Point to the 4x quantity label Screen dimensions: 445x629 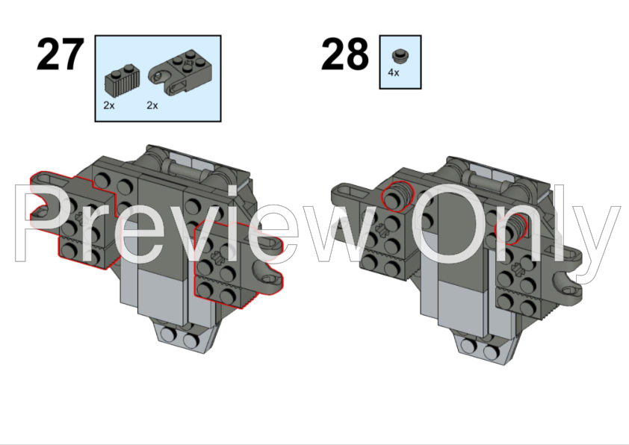tap(394, 73)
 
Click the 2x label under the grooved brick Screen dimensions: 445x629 tap(109, 106)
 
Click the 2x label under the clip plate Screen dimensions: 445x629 tap(152, 106)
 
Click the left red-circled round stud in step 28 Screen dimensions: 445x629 tap(397, 197)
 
